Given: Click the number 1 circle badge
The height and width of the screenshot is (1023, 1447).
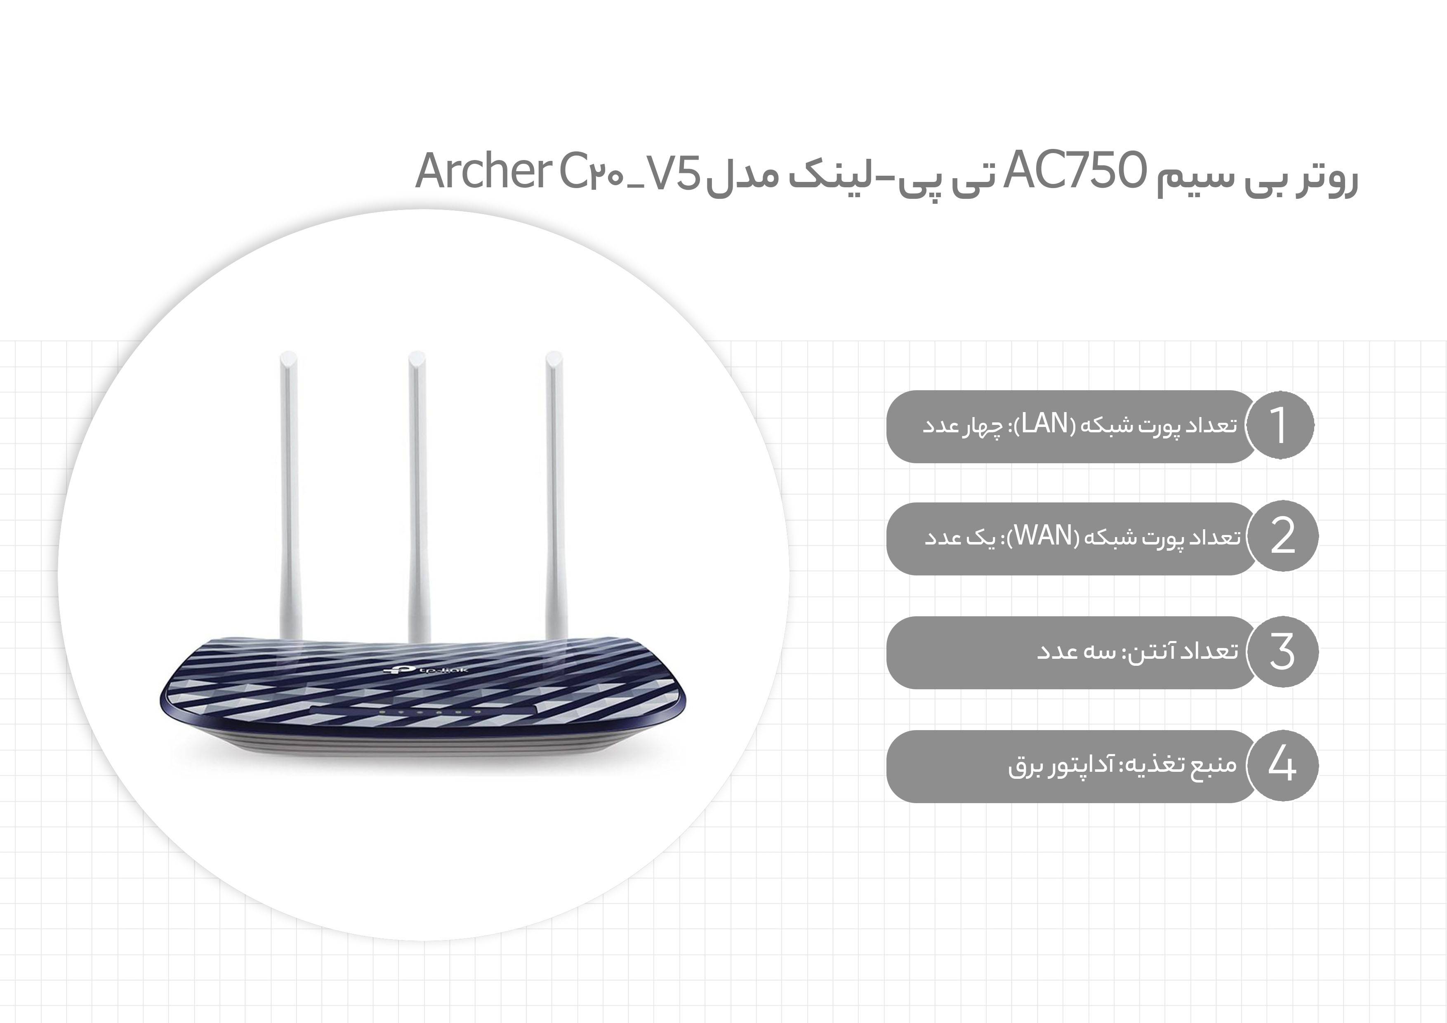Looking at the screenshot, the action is (x=1280, y=425).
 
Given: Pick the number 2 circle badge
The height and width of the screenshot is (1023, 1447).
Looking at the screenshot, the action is (x=1282, y=536).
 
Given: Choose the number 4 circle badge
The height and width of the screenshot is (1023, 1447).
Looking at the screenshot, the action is (x=1282, y=765).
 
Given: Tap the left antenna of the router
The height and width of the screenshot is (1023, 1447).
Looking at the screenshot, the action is (x=290, y=498).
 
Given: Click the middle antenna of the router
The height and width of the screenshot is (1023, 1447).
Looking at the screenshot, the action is (x=417, y=498).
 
